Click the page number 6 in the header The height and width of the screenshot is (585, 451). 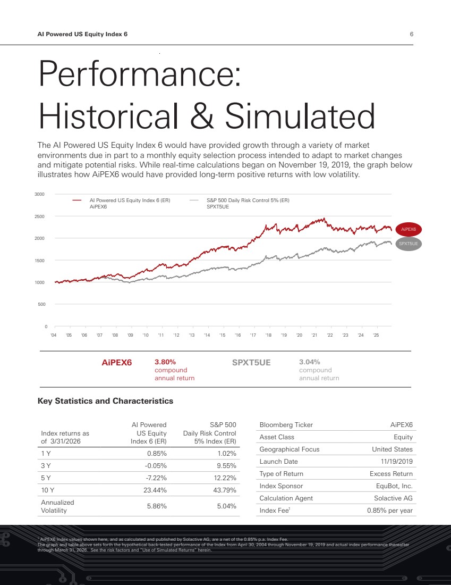[411, 34]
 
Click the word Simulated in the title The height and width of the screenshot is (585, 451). [300, 115]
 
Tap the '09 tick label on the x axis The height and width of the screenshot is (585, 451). [130, 336]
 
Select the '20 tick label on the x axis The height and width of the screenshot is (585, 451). [299, 336]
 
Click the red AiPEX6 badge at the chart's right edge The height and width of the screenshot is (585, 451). [409, 229]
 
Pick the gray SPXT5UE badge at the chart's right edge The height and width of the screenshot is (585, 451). [409, 244]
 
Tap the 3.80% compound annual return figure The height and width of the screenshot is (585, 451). [165, 362]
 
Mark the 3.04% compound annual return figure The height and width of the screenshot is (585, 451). [310, 362]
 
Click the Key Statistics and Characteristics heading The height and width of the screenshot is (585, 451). [105, 401]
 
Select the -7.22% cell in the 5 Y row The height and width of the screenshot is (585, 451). [157, 478]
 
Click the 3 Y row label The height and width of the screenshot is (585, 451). [46, 465]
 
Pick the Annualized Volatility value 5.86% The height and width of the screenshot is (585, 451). [157, 506]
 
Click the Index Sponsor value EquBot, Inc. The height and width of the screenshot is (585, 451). [393, 486]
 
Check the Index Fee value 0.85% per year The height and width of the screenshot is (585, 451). [389, 511]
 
